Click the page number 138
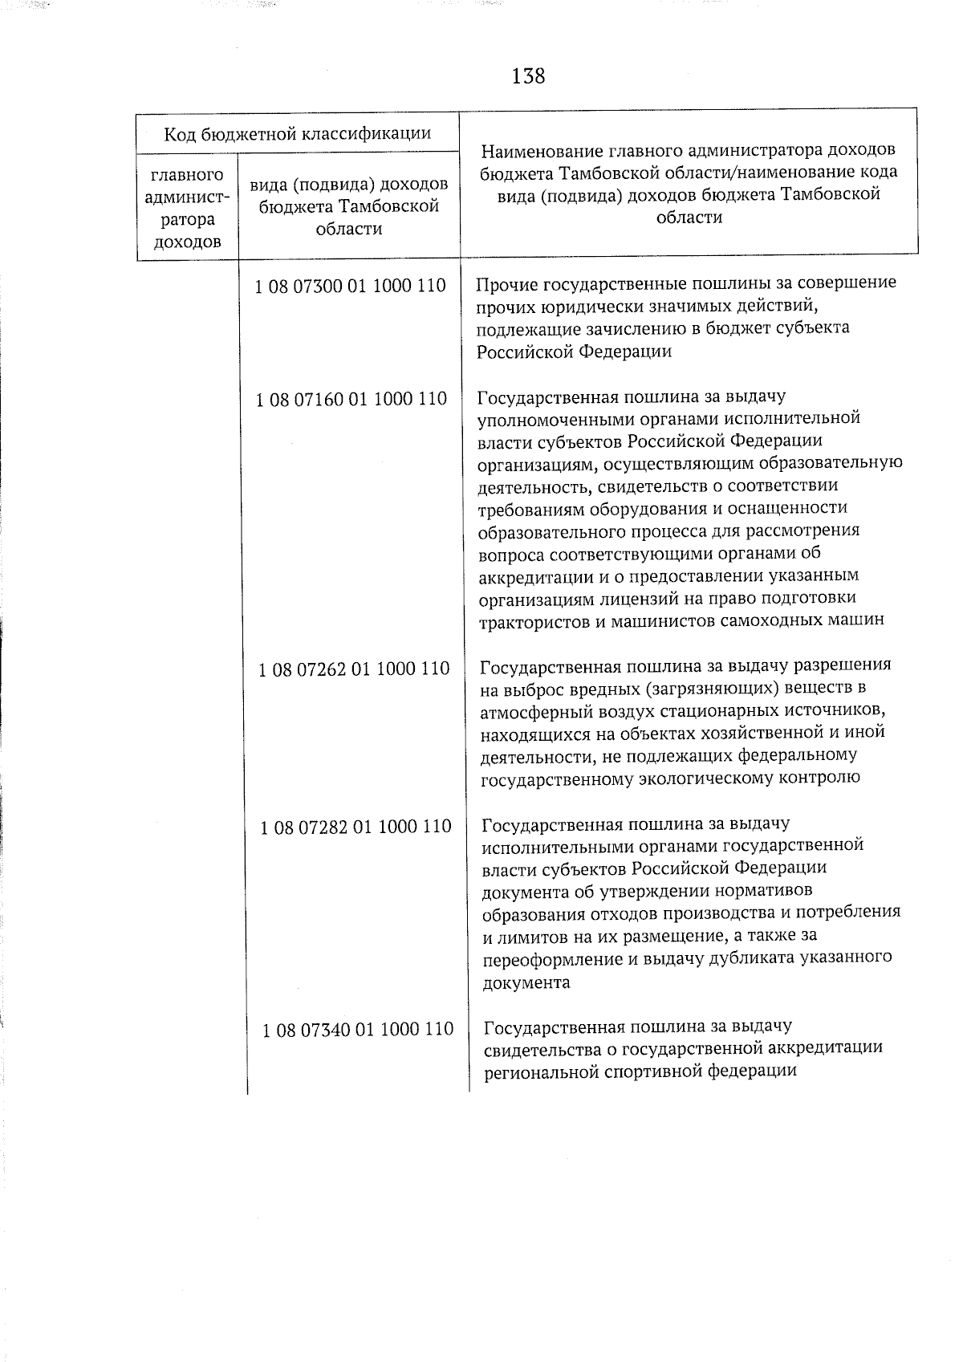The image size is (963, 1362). (x=527, y=76)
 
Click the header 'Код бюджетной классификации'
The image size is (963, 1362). (x=297, y=133)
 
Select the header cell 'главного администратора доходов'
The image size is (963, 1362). (x=187, y=208)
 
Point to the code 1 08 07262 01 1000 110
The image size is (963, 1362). (x=354, y=669)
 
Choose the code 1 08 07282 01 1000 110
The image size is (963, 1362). (x=356, y=826)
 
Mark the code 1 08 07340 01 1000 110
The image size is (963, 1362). (x=358, y=1029)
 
